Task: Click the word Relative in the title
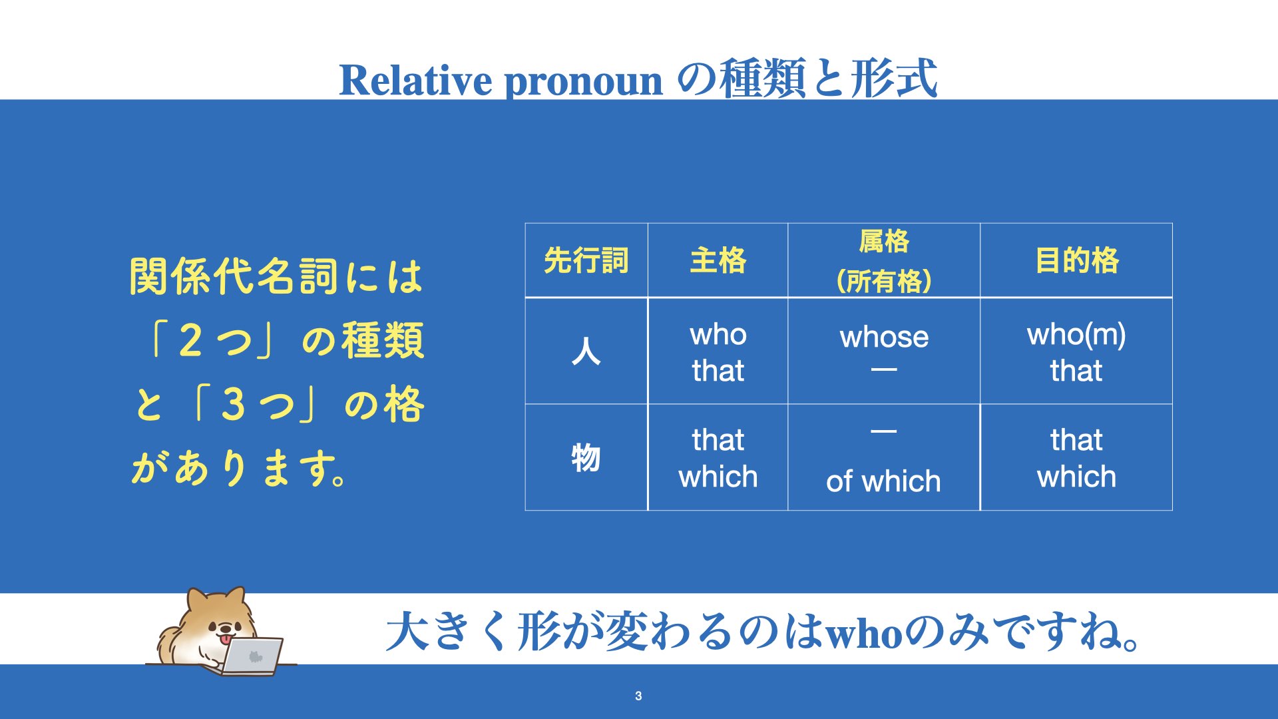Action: coord(415,80)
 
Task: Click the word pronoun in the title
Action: coord(584,83)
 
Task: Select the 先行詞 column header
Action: coord(586,260)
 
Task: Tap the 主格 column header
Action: coord(718,260)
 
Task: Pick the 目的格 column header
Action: coord(1076,260)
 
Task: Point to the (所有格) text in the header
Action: coord(883,281)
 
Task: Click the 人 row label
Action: coord(586,351)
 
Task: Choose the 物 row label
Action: coord(586,458)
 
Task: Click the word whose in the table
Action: coord(883,337)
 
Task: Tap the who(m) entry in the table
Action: coord(1076,335)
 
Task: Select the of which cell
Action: coord(883,481)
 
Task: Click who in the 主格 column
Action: coord(718,334)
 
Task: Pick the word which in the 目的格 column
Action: coord(1076,477)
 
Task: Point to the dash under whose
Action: coord(884,370)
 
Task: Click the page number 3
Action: coord(638,696)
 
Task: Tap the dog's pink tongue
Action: coord(227,640)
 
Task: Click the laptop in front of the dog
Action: coord(253,656)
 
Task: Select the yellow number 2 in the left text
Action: coord(191,340)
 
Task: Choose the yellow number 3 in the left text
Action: coord(233,404)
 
